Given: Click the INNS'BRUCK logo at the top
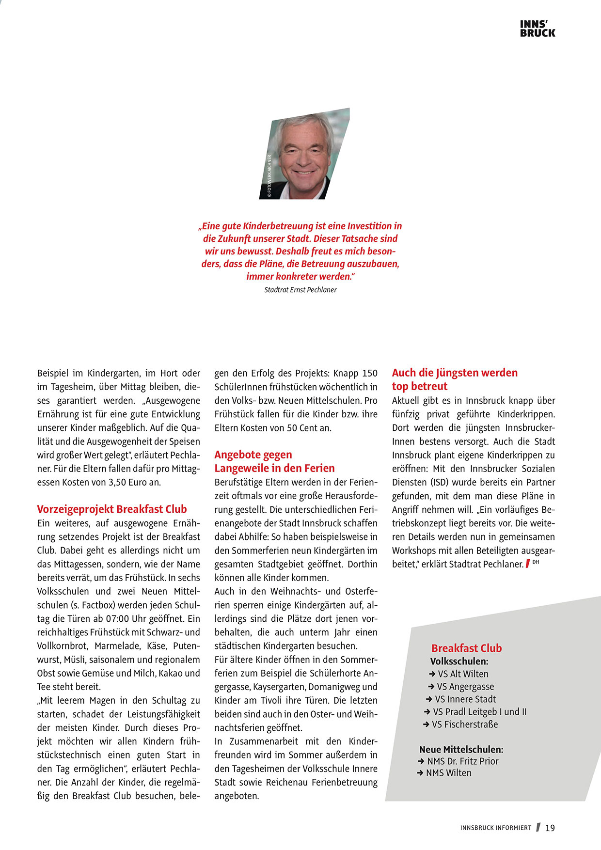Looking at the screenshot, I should (x=538, y=29).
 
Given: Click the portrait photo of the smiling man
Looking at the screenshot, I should (x=304, y=154).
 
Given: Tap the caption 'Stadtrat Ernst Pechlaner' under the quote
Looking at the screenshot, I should (x=300, y=290).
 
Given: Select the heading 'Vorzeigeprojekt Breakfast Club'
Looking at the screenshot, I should (x=112, y=509).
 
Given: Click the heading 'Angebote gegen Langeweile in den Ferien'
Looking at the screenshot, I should (x=274, y=461).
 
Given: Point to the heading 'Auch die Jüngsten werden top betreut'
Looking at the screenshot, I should (x=454, y=379).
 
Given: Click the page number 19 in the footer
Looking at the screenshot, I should (x=550, y=828).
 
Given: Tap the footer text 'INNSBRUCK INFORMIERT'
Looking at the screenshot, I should (x=495, y=828).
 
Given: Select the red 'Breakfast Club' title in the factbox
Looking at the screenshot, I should (x=466, y=648).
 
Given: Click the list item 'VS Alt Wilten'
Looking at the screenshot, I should (x=463, y=674).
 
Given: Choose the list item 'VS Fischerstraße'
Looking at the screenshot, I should (x=464, y=724).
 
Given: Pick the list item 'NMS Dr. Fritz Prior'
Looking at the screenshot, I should (x=462, y=761).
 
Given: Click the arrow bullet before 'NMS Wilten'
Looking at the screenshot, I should (x=420, y=773).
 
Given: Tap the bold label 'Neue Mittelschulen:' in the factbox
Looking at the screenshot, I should (x=461, y=750).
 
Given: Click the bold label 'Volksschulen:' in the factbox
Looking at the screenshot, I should (x=459, y=661).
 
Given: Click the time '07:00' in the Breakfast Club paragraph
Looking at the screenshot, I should (x=116, y=619).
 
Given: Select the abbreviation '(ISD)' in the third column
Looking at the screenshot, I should (x=440, y=483).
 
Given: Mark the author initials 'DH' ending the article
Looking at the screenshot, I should (x=536, y=562).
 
